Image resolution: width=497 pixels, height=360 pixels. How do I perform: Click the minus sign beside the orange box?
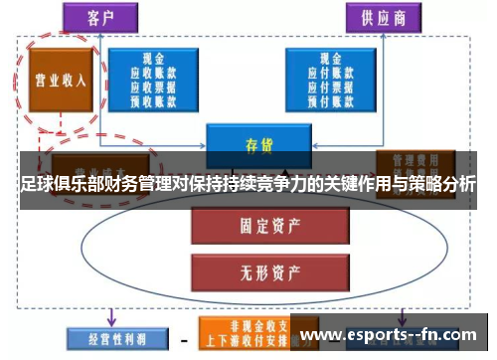183,338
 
